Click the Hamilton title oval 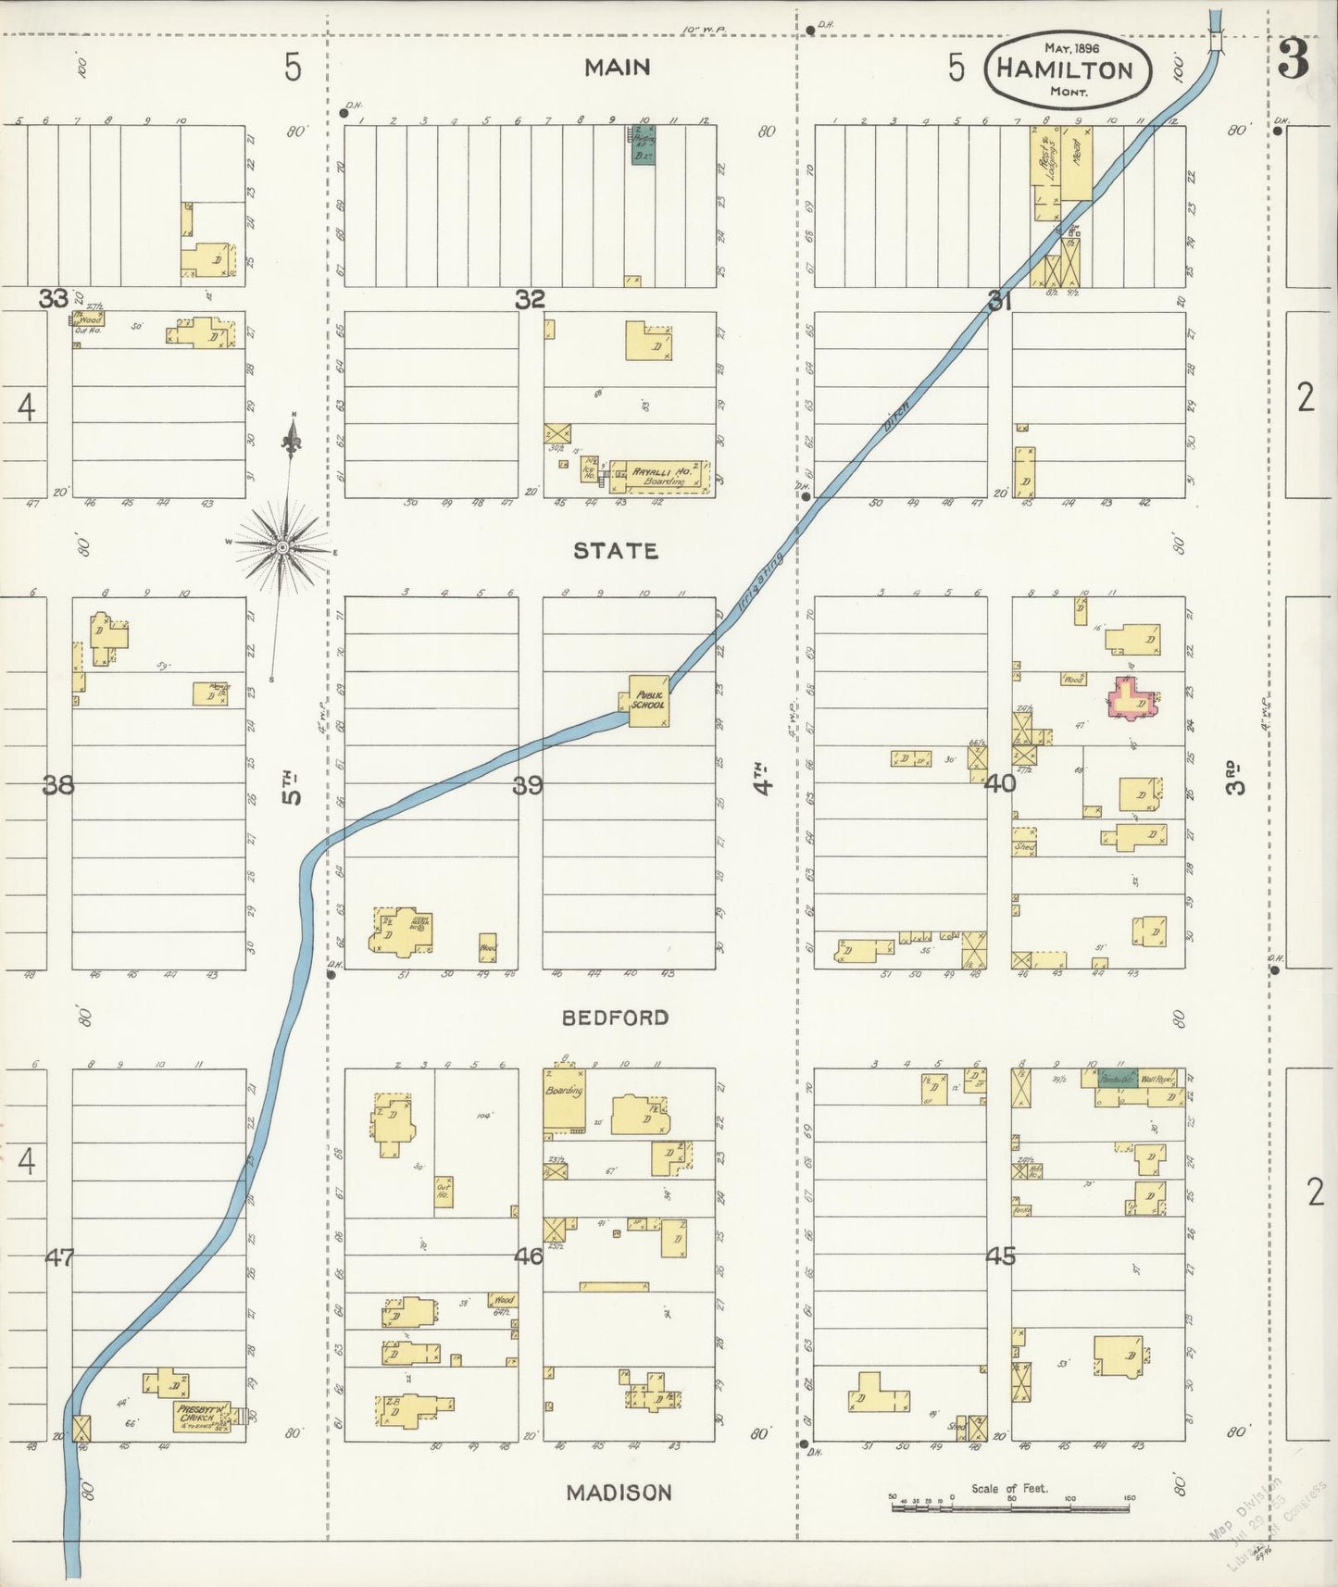point(1068,70)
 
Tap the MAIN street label point(617,67)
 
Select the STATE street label point(616,551)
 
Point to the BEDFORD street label point(615,1018)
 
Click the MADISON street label point(619,1492)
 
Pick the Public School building point(648,701)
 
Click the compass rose point(282,548)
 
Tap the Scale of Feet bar point(1009,1508)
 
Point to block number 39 point(528,785)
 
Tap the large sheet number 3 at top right point(1293,59)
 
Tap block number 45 point(1000,1256)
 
